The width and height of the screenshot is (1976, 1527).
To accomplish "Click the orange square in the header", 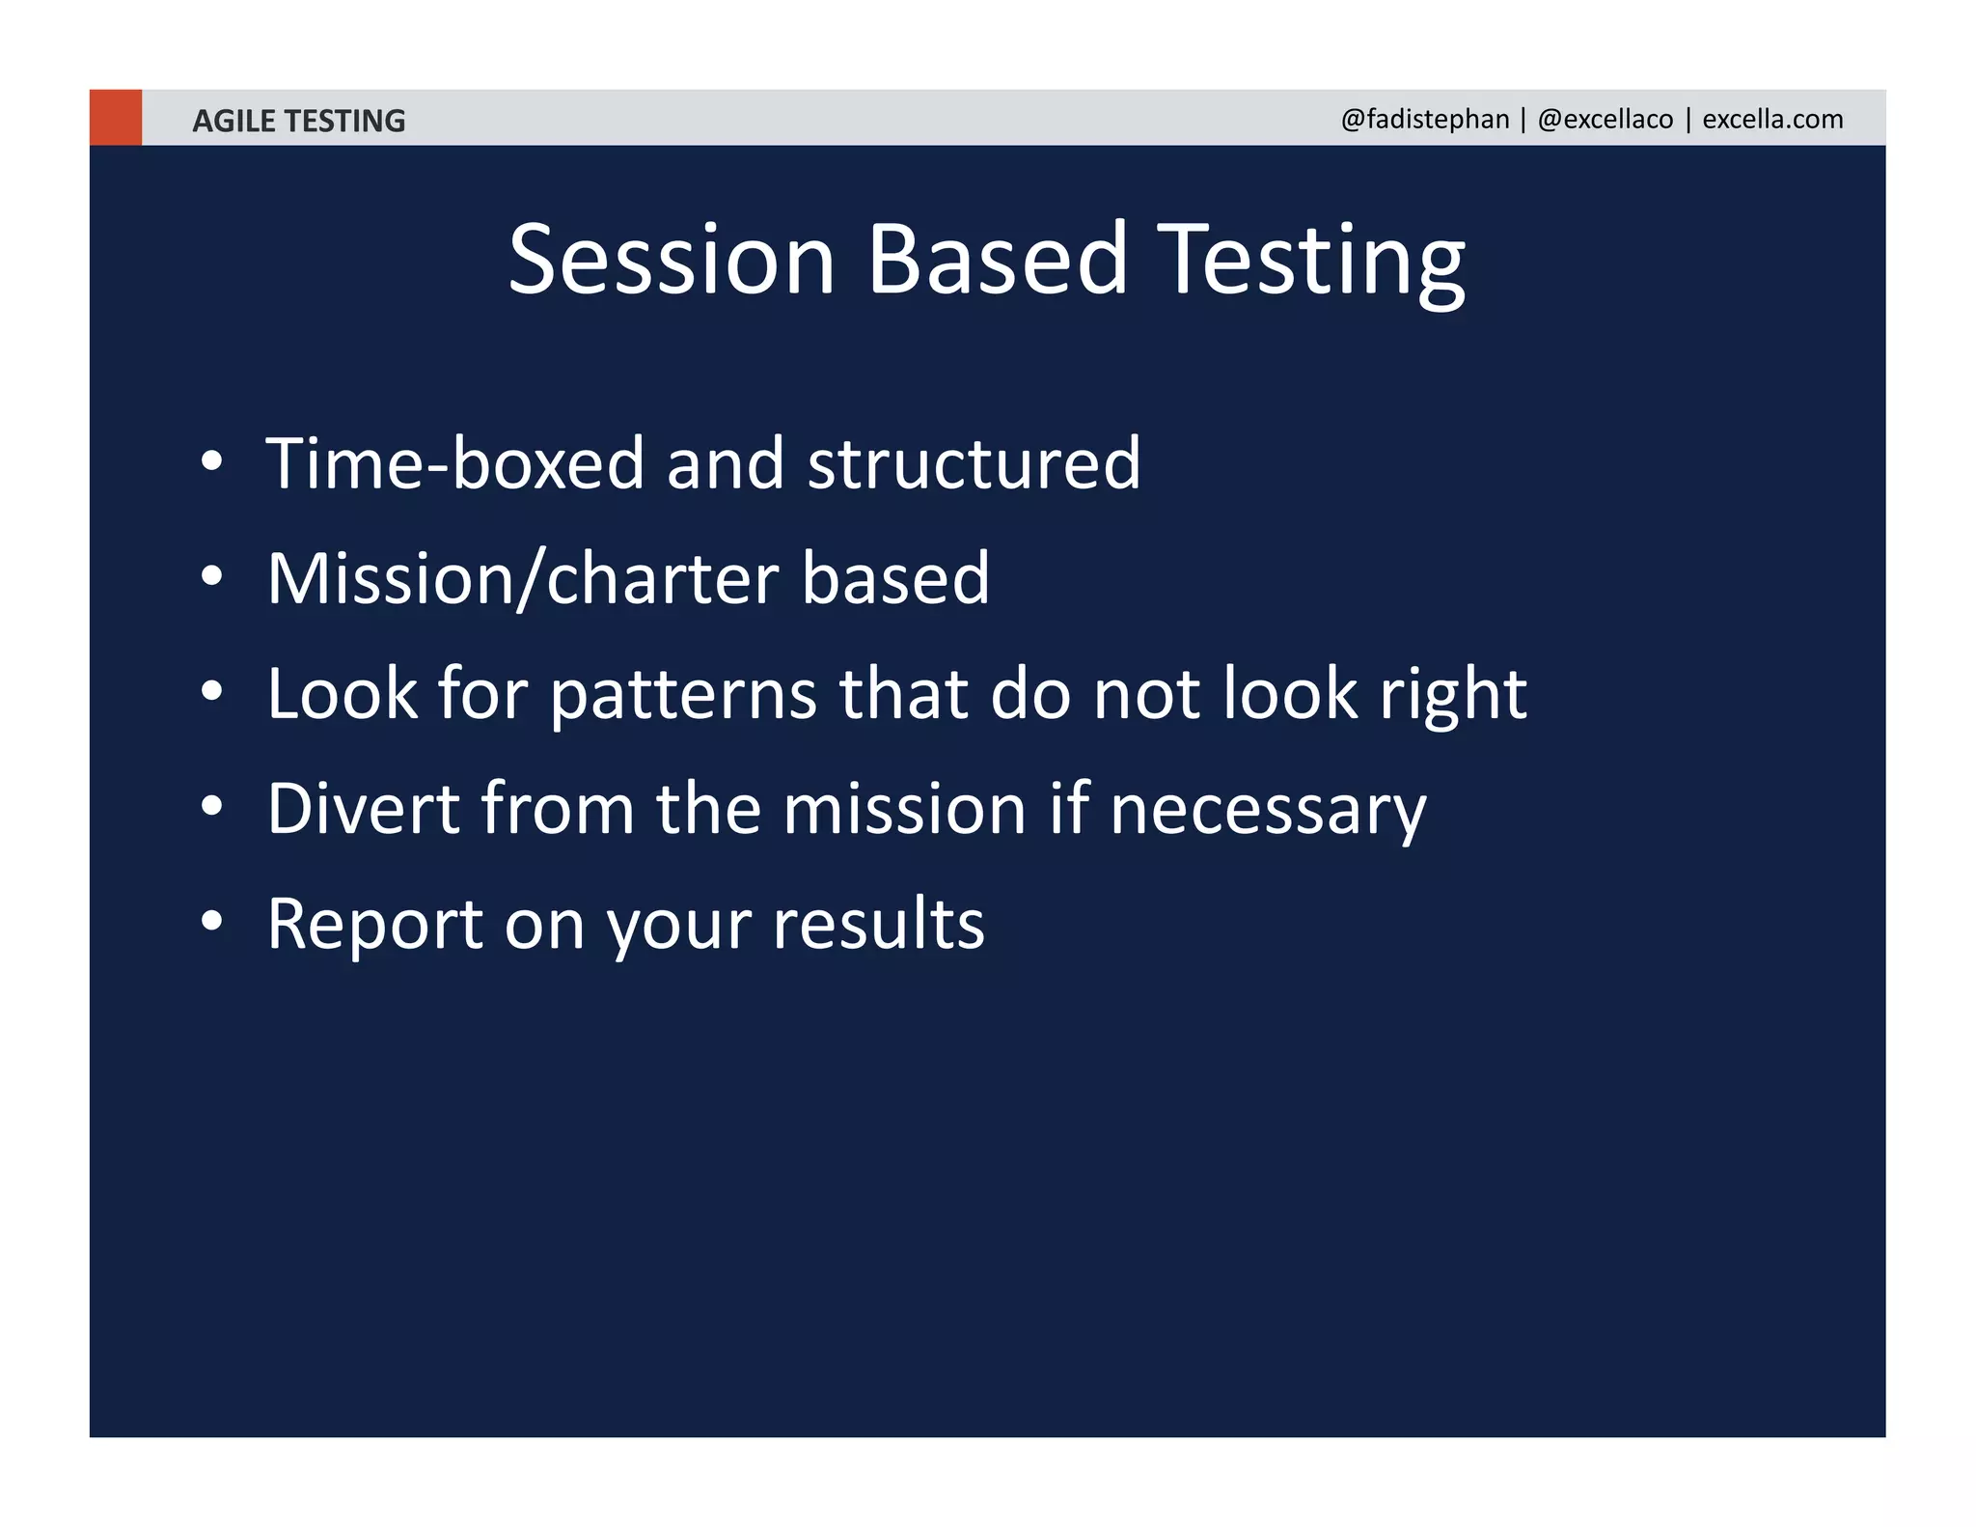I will (115, 118).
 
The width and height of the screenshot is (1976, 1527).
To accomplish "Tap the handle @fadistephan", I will (1424, 119).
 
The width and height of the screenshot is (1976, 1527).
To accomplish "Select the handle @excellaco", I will (1605, 119).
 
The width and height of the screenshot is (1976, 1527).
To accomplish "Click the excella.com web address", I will (1772, 119).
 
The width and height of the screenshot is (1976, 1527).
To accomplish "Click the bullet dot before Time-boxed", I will (212, 461).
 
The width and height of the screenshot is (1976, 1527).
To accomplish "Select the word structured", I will (974, 463).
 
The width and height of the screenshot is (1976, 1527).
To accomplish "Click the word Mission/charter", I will (522, 578).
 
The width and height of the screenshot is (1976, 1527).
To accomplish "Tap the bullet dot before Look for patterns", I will (212, 691).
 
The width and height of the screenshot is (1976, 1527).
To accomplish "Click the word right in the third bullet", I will (1452, 695).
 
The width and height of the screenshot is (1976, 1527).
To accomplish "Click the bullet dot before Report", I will (212, 921).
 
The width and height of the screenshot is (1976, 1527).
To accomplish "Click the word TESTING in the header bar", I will (345, 121).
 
